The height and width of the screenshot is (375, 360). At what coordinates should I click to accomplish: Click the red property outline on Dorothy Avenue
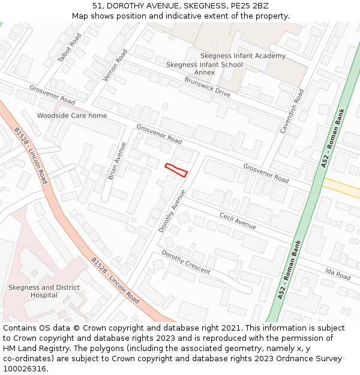click(176, 170)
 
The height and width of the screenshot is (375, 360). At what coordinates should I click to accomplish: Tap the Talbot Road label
click(69, 48)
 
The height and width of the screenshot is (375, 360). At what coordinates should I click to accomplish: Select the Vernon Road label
click(116, 65)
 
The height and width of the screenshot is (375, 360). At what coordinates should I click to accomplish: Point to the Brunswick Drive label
click(207, 87)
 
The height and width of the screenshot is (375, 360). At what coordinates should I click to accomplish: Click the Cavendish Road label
click(292, 111)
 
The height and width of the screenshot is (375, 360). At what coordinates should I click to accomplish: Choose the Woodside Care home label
click(72, 116)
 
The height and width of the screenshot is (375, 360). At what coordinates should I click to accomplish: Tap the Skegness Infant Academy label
click(242, 56)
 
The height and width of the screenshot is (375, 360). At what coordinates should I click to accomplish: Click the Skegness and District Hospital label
click(44, 291)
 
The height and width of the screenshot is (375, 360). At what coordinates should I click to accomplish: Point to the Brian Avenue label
click(117, 161)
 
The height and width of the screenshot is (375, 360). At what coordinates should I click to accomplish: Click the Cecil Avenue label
click(238, 221)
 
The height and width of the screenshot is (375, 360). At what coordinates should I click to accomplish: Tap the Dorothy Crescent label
click(186, 262)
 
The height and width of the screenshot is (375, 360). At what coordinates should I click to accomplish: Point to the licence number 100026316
click(25, 368)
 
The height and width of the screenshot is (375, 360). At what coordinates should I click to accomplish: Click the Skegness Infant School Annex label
click(204, 68)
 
